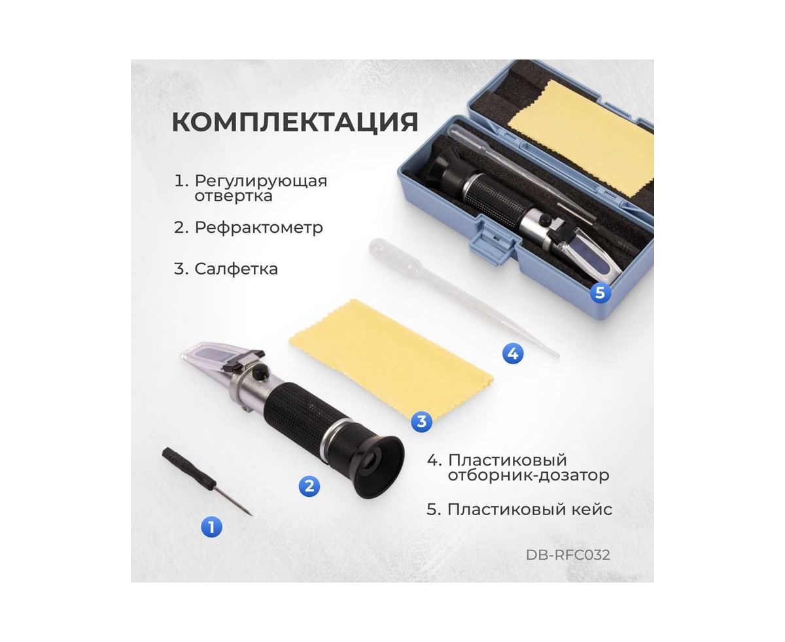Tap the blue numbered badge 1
[x=211, y=527]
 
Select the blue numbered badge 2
[x=309, y=486]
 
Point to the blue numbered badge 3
[x=421, y=422]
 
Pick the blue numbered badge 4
[x=513, y=353]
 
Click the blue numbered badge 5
[x=600, y=292]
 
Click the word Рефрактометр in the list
[x=258, y=228]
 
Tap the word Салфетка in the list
[x=236, y=269]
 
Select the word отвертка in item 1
[x=234, y=195]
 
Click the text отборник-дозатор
[x=528, y=475]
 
